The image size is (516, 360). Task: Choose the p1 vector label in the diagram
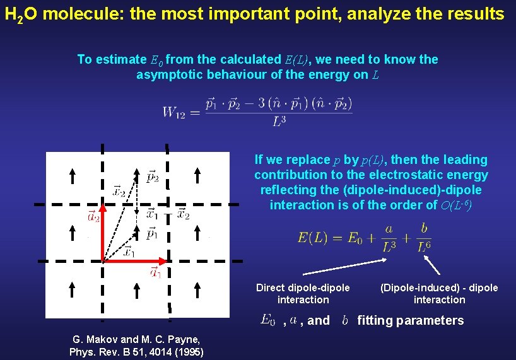[x=152, y=234]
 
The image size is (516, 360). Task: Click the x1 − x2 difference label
[x=168, y=214]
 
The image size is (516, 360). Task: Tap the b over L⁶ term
[x=424, y=238]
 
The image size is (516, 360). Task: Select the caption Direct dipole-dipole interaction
[x=303, y=294]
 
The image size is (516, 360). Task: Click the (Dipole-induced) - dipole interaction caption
[x=439, y=294]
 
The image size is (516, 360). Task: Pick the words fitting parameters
[x=411, y=320]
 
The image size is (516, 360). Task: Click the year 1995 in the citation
[x=187, y=352]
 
